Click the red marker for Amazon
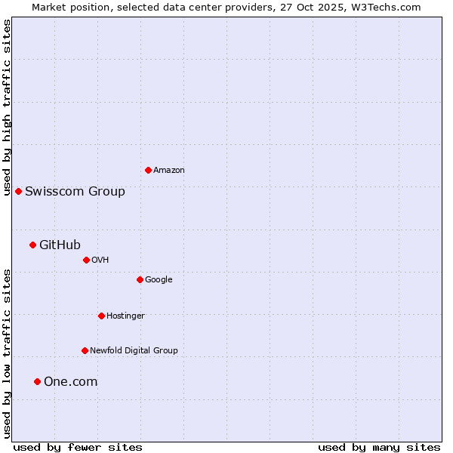coord(148,170)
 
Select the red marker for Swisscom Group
coord(18,191)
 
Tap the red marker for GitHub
coord(32,245)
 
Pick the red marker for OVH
coord(86,260)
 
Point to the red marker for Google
coord(140,279)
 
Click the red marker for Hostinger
coord(101,316)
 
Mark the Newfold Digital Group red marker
coord(85,350)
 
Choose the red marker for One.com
coord(37,381)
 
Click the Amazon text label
coord(169,171)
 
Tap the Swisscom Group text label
coord(75,192)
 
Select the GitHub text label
coord(60,245)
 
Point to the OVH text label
coord(100,260)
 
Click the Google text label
coord(159,280)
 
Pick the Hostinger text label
coord(125,316)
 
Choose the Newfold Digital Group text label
coord(134,351)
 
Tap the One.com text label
coord(70,382)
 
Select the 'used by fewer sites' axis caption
coord(78,447)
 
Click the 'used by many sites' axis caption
coord(379,447)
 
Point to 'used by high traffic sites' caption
coord(7,107)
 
